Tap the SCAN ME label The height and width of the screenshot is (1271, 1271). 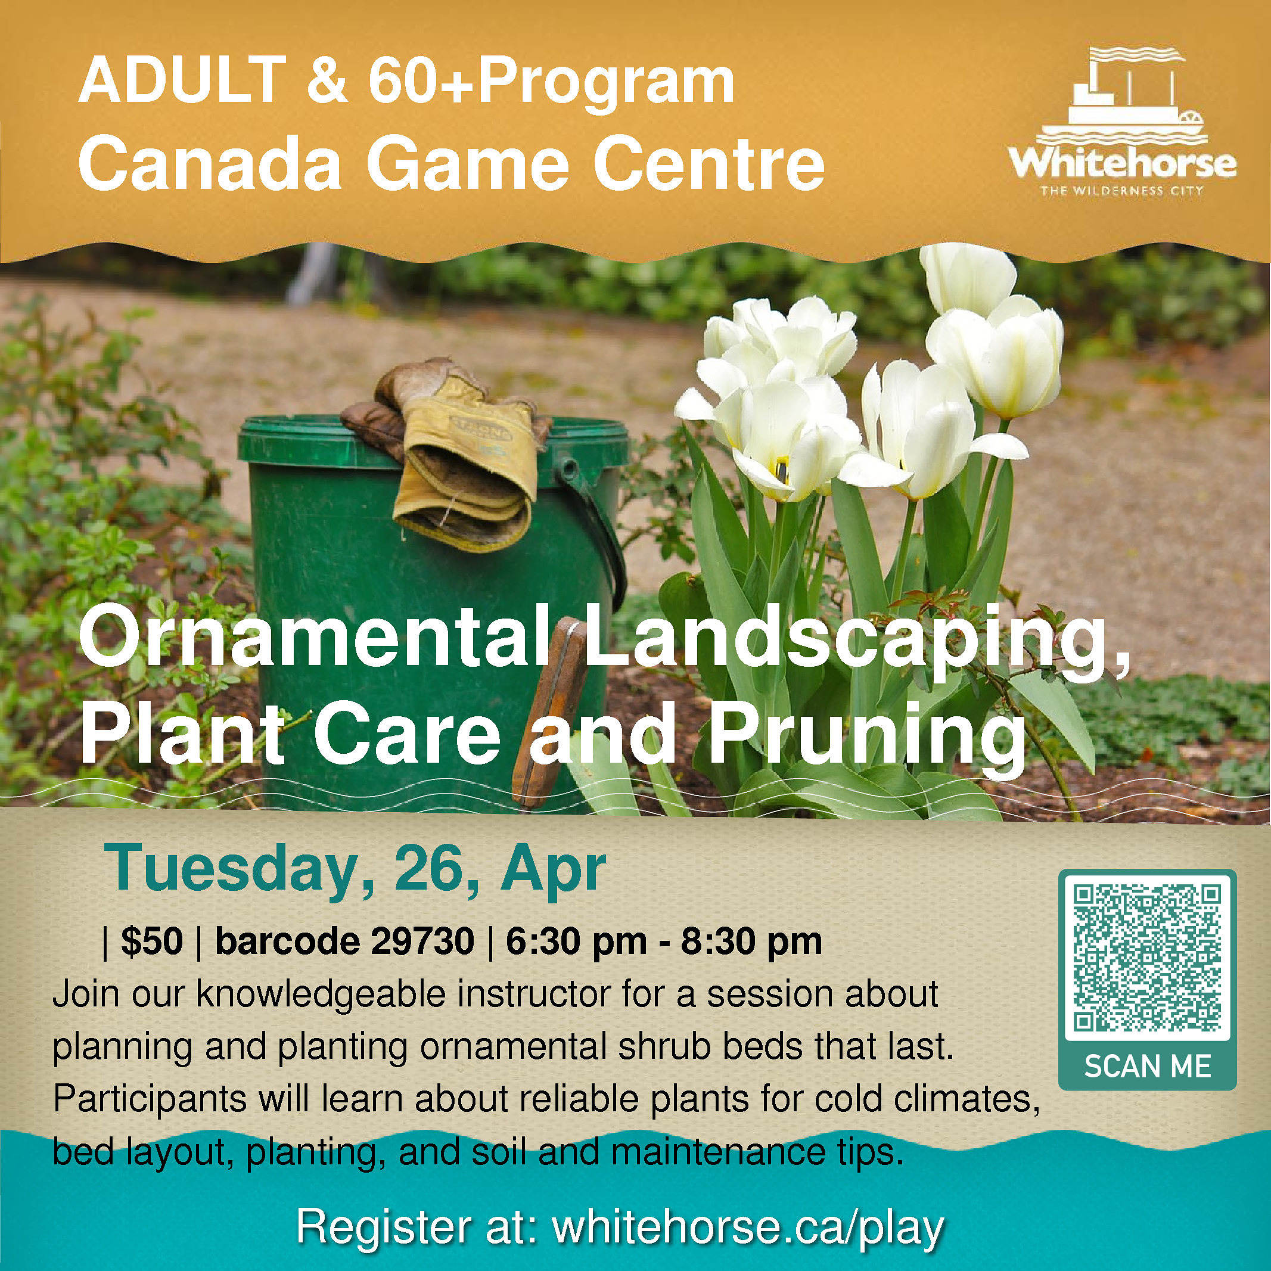click(1147, 1067)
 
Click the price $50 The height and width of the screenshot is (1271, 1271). click(152, 941)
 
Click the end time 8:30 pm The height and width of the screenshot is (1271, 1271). click(752, 942)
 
